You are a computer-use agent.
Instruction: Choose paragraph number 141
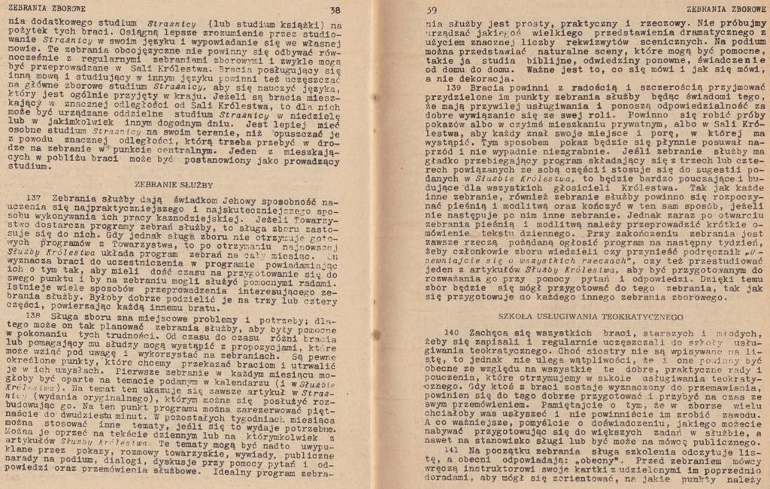tap(452, 448)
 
